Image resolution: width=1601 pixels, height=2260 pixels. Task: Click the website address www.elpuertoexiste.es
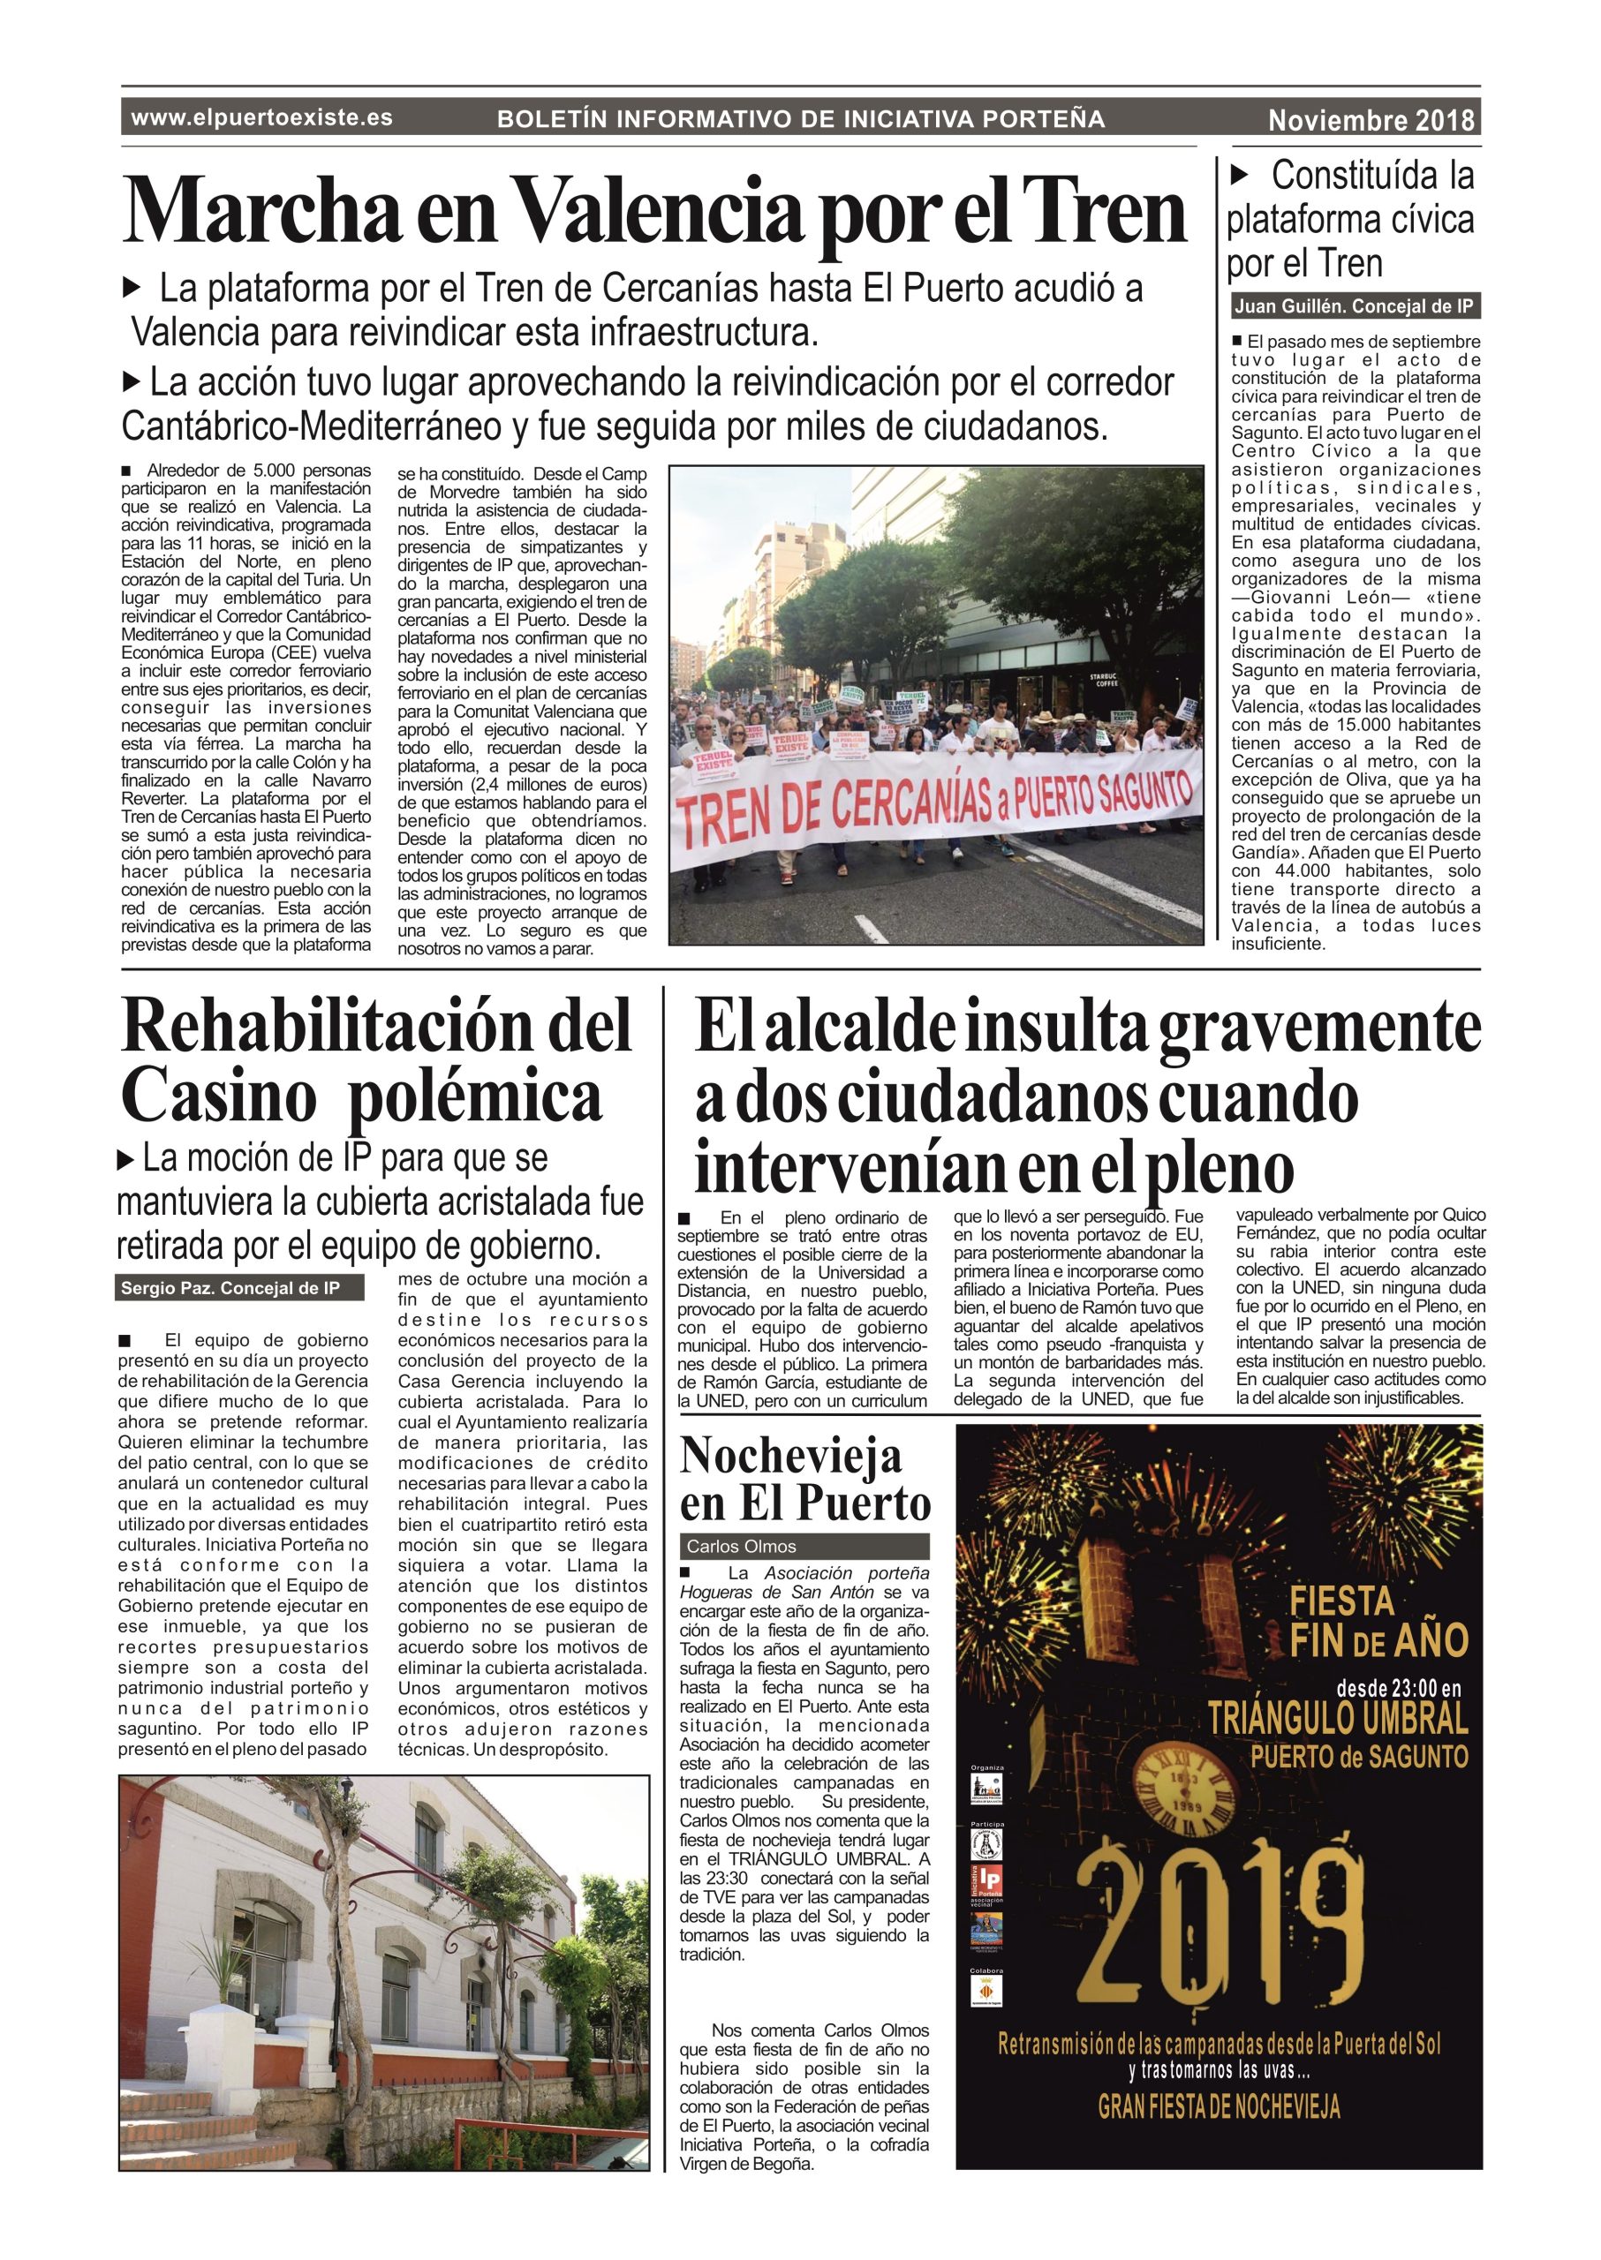pyautogui.click(x=261, y=118)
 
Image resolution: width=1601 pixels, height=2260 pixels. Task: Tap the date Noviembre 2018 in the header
pyautogui.click(x=1371, y=121)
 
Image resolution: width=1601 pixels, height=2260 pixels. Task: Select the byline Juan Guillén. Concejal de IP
pyautogui.click(x=1355, y=306)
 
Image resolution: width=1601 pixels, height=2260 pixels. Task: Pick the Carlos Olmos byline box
pyautogui.click(x=804, y=1546)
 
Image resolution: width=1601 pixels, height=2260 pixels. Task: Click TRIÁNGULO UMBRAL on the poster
pyautogui.click(x=1338, y=1718)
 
